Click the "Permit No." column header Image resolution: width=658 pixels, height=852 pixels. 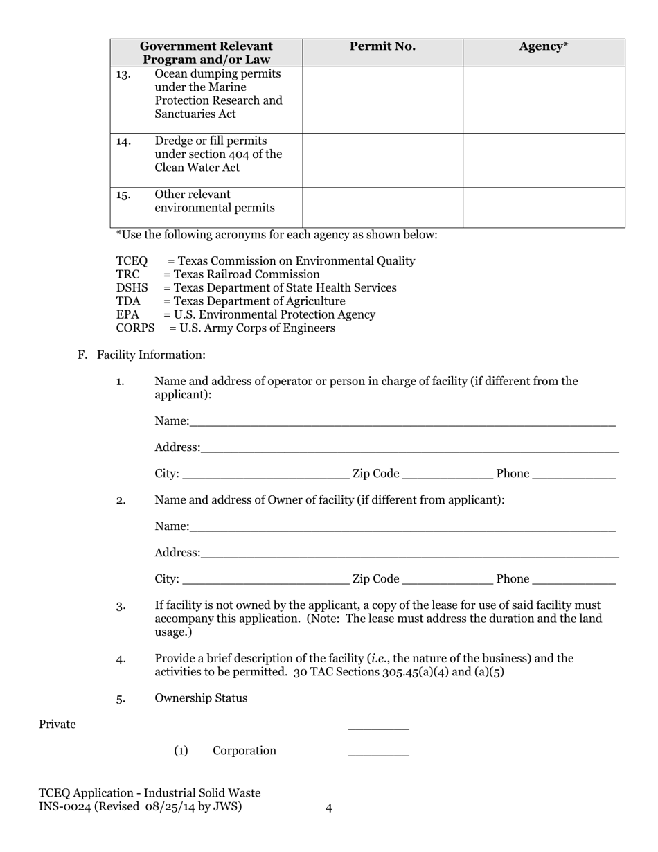pyautogui.click(x=382, y=46)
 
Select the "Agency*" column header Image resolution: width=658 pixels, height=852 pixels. pyautogui.click(x=544, y=46)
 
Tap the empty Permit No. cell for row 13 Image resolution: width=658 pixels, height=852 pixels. pyautogui.click(x=382, y=99)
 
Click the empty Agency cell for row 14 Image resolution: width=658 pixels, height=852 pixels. pyautogui.click(x=544, y=160)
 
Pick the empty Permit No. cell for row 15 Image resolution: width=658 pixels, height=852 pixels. pyautogui.click(x=382, y=207)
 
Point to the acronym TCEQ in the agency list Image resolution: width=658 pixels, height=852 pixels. pyautogui.click(x=132, y=261)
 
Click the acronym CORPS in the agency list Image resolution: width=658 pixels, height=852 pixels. pyautogui.click(x=135, y=328)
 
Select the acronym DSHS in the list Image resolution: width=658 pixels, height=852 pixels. pyautogui.click(x=132, y=287)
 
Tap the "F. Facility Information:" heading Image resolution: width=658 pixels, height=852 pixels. pyautogui.click(x=141, y=355)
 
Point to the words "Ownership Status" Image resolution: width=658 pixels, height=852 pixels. pyautogui.click(x=201, y=698)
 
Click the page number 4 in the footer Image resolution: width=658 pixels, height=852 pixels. pyautogui.click(x=329, y=808)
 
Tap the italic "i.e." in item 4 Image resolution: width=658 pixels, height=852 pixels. pyautogui.click(x=380, y=659)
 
